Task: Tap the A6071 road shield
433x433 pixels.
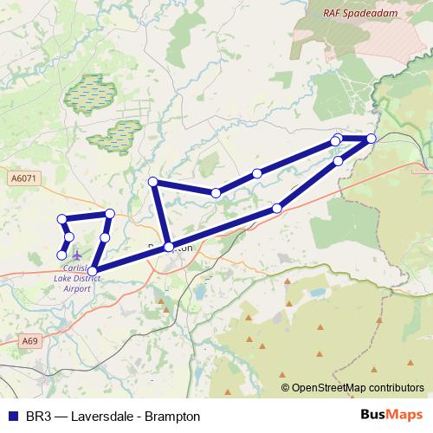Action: point(25,178)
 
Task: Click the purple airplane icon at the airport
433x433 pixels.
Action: point(78,255)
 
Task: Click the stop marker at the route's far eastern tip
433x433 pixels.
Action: point(372,139)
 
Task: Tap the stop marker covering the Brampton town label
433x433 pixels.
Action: point(169,246)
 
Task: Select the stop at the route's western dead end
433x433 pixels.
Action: point(61,255)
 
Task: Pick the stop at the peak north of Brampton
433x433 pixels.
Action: point(153,182)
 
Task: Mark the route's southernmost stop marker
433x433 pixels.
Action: point(93,271)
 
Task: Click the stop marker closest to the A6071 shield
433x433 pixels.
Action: point(61,219)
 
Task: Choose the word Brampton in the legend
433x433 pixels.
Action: point(174,416)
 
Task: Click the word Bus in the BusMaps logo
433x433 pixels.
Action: point(374,415)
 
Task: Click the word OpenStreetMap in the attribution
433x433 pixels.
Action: point(330,388)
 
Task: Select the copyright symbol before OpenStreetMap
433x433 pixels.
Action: point(286,388)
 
